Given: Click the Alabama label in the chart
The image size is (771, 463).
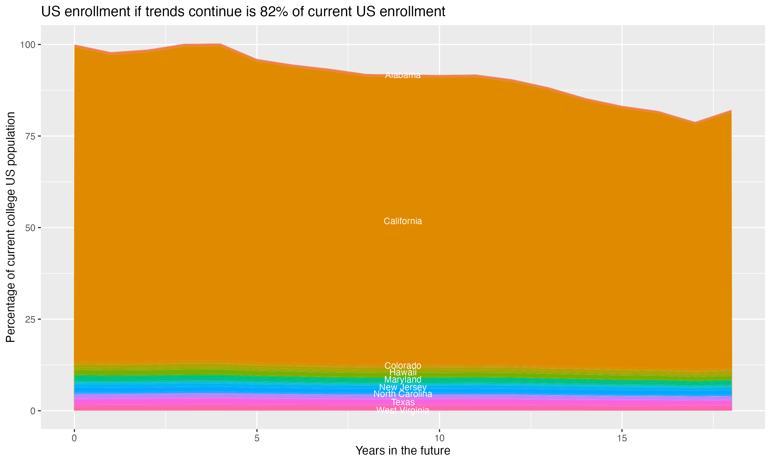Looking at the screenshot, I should click(403, 75).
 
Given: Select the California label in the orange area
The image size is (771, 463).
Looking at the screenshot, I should click(403, 221).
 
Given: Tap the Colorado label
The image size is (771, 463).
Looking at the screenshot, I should click(403, 365).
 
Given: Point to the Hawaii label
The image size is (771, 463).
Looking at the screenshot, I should click(403, 372).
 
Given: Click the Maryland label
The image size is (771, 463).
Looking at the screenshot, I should click(403, 379).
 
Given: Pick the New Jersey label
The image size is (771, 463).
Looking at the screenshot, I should click(403, 387).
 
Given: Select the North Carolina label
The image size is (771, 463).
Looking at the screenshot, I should click(403, 394).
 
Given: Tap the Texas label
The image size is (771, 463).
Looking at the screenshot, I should click(403, 402).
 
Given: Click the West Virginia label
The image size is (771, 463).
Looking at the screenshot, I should click(403, 410).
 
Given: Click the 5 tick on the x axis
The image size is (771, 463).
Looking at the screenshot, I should click(257, 438).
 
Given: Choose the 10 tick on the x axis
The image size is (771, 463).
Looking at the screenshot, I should click(439, 438).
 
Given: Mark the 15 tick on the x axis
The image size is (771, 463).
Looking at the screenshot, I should click(622, 438).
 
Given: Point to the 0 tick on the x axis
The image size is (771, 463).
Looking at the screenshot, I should click(74, 438).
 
